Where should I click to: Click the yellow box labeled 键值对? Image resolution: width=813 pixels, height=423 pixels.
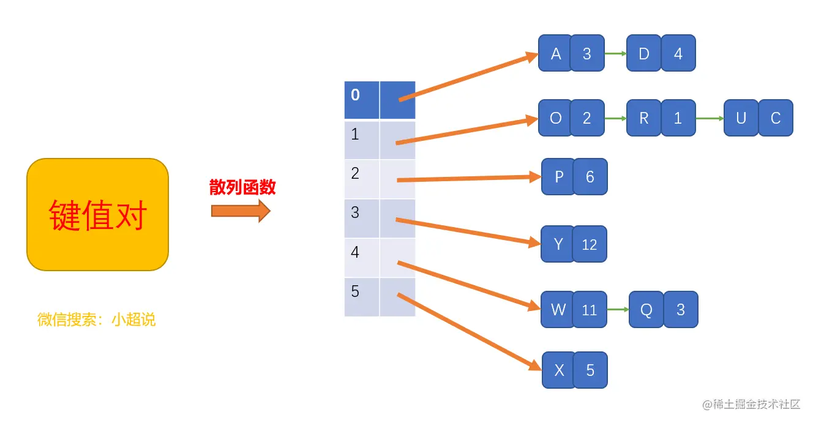97,214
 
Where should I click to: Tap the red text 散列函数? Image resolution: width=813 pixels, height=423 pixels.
242,187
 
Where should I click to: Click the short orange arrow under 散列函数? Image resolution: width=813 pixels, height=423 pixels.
241,211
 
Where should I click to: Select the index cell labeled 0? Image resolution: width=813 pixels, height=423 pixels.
362,100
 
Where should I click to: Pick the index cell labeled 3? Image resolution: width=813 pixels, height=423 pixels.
362,218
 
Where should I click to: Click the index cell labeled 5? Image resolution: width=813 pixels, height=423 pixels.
362,297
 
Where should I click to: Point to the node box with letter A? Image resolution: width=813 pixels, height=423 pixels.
555,54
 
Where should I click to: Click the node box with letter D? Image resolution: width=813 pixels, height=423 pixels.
643,54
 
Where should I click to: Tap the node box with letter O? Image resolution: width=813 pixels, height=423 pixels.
555,118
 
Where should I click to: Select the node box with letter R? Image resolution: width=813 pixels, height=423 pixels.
643,118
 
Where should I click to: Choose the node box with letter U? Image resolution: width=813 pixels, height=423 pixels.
741,118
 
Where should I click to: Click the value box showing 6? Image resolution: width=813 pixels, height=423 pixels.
590,177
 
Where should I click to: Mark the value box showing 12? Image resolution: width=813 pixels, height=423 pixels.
590,245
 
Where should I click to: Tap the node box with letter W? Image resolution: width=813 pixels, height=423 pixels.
558,310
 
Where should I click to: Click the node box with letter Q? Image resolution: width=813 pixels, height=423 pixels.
646,310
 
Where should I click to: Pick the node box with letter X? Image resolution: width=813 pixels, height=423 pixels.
558,370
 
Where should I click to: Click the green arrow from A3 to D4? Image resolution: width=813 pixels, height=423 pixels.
615,54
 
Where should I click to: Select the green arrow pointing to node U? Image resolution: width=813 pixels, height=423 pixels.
710,118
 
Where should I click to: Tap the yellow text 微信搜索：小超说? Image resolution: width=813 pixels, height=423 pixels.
97,320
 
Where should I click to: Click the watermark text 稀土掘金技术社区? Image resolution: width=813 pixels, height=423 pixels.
756,404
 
